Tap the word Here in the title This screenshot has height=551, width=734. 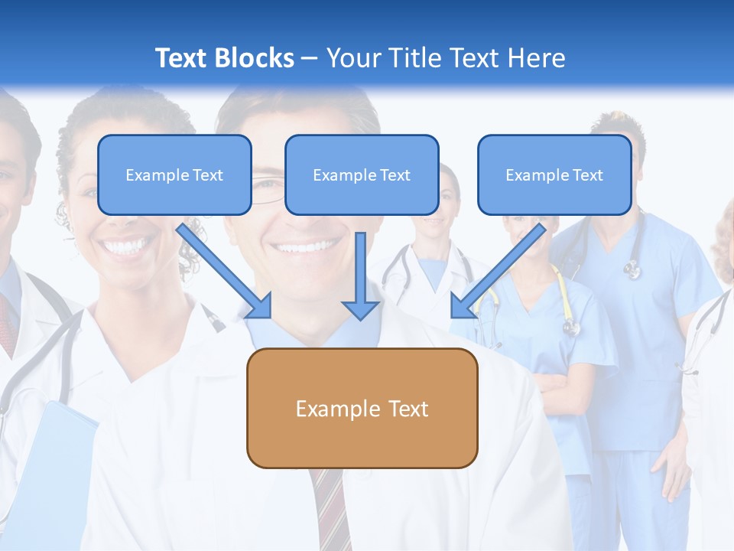tap(539, 58)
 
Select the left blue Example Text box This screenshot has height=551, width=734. tap(174, 174)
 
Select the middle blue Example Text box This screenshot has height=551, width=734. tap(362, 174)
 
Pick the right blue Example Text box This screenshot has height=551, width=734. tap(554, 174)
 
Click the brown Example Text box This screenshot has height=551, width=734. tap(362, 408)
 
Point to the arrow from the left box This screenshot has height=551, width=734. tap(226, 272)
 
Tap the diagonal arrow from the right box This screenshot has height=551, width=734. tap(497, 272)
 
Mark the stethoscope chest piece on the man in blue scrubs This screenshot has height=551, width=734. tap(632, 269)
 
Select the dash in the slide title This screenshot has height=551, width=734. tap(310, 58)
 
